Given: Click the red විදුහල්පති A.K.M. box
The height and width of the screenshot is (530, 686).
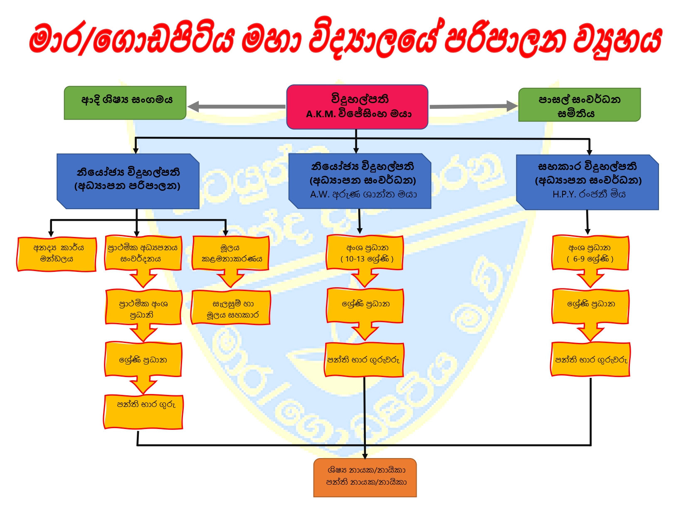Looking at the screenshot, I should [357, 107].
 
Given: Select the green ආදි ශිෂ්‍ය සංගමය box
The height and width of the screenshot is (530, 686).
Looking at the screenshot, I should [125, 103].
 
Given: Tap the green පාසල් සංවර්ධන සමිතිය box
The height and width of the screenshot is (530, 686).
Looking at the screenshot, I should [579, 105].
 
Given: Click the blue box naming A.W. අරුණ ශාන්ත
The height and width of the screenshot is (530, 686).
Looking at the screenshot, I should [360, 181].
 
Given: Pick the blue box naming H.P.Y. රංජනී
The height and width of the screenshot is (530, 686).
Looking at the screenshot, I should [587, 182].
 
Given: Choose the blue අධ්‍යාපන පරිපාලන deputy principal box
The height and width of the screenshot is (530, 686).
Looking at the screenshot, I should [128, 181].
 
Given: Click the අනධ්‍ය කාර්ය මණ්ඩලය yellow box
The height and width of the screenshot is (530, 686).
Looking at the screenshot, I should [57, 254].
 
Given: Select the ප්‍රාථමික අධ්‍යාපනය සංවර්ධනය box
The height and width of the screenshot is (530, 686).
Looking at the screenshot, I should [143, 253].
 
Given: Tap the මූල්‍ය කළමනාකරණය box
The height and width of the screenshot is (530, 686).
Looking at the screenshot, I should [231, 253].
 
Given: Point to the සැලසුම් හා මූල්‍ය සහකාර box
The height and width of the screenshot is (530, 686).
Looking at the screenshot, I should [231, 308].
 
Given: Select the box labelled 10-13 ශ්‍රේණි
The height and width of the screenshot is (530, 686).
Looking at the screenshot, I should [365, 253].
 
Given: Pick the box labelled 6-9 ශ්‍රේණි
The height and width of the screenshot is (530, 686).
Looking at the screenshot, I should [590, 253].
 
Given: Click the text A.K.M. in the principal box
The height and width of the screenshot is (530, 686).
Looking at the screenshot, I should [321, 114].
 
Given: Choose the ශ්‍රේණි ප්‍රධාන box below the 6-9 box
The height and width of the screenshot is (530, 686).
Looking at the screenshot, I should [590, 306].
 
